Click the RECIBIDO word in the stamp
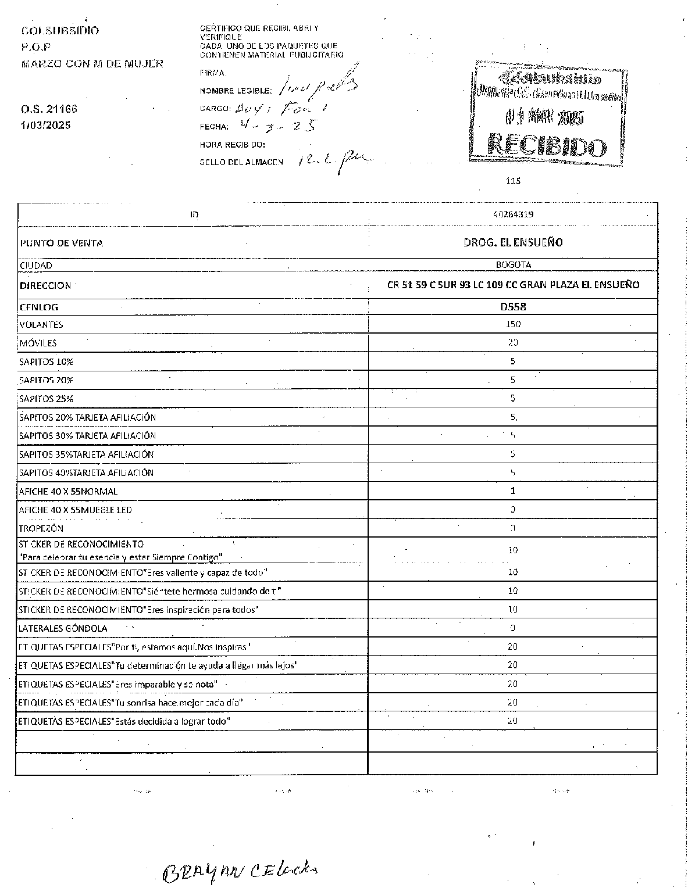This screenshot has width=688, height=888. coord(547,145)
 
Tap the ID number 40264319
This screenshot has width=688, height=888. coord(512,214)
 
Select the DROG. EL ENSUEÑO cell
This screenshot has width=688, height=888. coord(513,242)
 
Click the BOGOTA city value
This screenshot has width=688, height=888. coord(513,265)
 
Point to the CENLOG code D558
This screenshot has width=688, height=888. coord(513,307)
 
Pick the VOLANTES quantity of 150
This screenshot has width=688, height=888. coord(513,324)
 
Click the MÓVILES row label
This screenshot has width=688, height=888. coord(38,343)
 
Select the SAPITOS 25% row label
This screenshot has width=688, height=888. coord(46,399)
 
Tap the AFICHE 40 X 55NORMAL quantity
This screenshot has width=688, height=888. coord(513,490)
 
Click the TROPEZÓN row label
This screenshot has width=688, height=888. coord(41,528)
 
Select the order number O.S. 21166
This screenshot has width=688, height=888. coord(49,109)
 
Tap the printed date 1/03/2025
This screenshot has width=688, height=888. coord(46,125)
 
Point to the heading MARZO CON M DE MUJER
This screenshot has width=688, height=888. coord(92,63)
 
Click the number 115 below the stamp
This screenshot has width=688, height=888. coord(513,181)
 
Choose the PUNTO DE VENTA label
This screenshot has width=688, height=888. coord(61,243)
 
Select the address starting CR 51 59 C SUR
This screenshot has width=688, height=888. coord(513,285)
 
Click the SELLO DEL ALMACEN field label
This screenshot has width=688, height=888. coord(241,162)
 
